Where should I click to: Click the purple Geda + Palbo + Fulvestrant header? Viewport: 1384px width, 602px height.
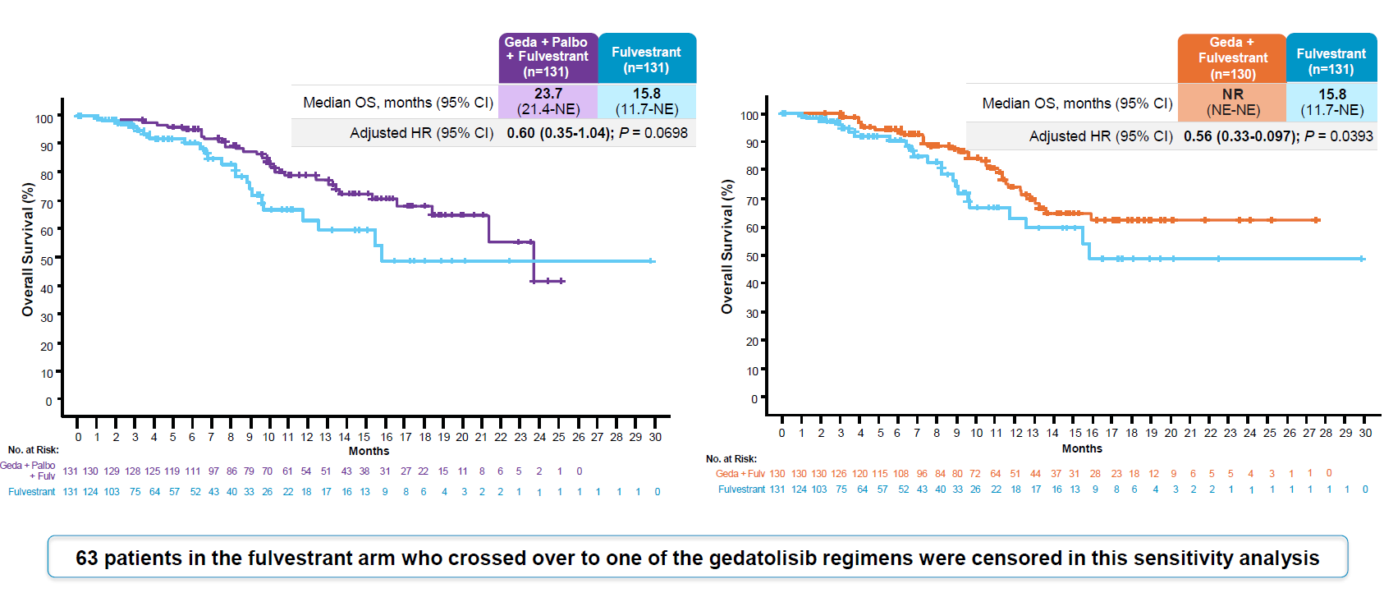click(x=548, y=57)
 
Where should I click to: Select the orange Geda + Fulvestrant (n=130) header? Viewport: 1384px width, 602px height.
click(x=1231, y=57)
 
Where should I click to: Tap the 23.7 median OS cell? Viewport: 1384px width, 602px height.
click(x=548, y=101)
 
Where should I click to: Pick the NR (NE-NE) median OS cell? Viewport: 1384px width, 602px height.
click(x=1232, y=102)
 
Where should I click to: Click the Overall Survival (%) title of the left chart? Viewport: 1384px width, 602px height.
click(x=28, y=250)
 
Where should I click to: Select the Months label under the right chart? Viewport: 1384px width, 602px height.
click(x=1082, y=448)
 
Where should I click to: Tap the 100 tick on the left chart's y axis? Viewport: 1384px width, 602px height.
click(x=44, y=119)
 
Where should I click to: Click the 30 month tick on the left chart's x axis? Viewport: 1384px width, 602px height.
click(x=655, y=437)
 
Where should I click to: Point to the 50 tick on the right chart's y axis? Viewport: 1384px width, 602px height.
click(x=752, y=257)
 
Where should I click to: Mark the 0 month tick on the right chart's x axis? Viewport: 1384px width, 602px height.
click(x=781, y=433)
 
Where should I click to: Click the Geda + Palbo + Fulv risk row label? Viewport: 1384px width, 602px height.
click(x=30, y=471)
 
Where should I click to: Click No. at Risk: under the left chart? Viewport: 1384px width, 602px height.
click(x=34, y=450)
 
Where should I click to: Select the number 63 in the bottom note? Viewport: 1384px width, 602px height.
click(x=86, y=558)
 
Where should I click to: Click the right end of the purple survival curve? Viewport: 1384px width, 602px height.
click(x=563, y=281)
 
